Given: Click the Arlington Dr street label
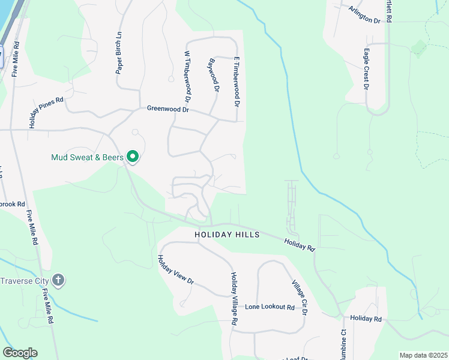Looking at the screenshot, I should pos(364,14).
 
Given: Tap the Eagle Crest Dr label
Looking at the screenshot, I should pos(366,70).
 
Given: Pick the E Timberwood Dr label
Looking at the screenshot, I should pos(237,82).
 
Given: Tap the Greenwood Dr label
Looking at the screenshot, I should pos(168,109).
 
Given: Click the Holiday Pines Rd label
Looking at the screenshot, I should pos(46,113).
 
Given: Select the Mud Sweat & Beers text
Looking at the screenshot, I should pos(88,158).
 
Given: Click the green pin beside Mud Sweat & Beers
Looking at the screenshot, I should pos(133,157).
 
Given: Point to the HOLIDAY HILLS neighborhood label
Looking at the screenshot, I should pos(228,235).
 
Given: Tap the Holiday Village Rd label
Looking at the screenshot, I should pos(234,299).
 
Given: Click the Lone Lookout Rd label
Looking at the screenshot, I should pos(270,307).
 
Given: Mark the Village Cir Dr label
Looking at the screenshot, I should pos(299,298).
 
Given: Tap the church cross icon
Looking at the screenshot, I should pos(58,280).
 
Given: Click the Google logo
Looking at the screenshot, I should pos(20,353).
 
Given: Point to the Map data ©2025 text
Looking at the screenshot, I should pos(423,355).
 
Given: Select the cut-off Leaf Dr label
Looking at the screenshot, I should pos(294,358).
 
